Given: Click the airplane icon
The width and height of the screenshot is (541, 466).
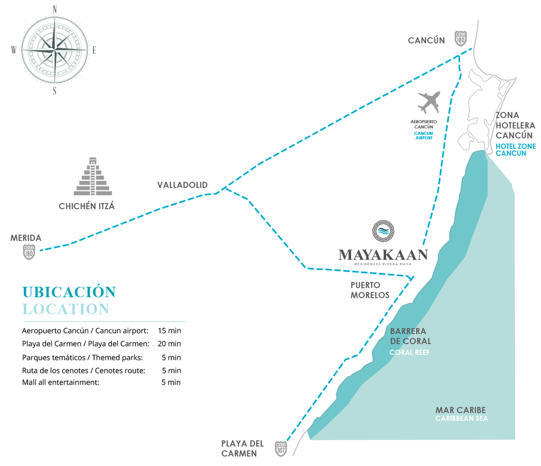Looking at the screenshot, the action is [x=429, y=102].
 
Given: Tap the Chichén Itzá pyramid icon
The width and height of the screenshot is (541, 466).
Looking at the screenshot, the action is [x=93, y=176].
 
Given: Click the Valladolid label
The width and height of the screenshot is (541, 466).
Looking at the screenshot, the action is [x=183, y=185].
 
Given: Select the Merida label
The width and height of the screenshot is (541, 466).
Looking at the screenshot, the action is [x=26, y=238].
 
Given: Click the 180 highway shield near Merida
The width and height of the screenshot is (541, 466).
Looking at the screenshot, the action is [x=29, y=252].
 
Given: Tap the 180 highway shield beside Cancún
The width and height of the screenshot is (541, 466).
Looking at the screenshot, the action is [x=460, y=39].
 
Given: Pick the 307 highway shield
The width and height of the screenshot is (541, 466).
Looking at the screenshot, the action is [x=281, y=449].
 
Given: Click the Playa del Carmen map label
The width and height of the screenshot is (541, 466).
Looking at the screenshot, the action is [x=243, y=448].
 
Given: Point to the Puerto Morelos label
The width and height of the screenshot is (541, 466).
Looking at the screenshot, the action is [x=370, y=290].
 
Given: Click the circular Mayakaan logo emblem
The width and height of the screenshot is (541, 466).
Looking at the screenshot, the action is [x=383, y=231].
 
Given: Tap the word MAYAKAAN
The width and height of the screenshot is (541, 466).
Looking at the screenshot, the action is [x=383, y=255].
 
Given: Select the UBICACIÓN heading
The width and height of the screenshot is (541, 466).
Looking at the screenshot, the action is [x=69, y=292].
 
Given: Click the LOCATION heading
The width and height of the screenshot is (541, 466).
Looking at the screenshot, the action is [x=66, y=309].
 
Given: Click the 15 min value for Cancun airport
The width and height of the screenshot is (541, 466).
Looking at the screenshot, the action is [x=170, y=331].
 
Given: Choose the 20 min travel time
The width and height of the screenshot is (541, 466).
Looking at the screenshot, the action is [x=170, y=344].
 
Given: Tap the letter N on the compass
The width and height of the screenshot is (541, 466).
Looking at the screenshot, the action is [x=55, y=9].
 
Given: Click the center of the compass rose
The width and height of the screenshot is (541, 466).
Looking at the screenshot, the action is [x=55, y=49].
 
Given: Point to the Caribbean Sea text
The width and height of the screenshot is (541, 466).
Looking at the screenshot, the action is [x=462, y=419].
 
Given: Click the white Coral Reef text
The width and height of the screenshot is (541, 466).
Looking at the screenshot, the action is [x=409, y=353].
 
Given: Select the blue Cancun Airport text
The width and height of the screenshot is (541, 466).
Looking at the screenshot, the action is [x=423, y=136].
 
